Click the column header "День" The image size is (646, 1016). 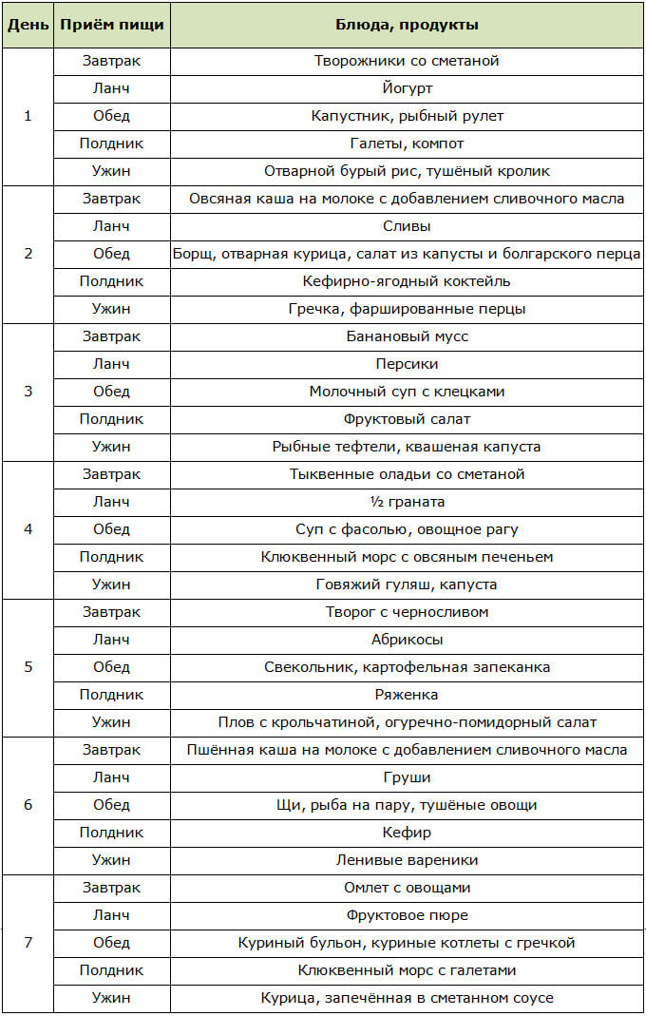(x=27, y=25)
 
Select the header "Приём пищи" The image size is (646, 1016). (x=111, y=25)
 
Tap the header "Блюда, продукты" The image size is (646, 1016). (x=407, y=25)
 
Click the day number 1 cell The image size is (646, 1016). (x=27, y=116)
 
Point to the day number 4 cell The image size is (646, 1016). (x=27, y=529)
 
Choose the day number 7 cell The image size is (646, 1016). (x=27, y=943)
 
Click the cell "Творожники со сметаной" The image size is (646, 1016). (x=407, y=61)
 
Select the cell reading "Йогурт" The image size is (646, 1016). (x=407, y=88)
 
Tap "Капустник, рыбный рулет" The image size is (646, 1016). (x=407, y=116)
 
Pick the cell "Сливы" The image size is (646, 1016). (x=407, y=226)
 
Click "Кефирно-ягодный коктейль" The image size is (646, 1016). (x=407, y=281)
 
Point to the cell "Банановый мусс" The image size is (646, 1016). (x=407, y=336)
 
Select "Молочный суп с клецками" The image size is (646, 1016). (x=407, y=392)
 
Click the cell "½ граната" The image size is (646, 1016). (x=407, y=502)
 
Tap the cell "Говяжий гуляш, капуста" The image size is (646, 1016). (x=407, y=585)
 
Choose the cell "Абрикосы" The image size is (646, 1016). (x=407, y=640)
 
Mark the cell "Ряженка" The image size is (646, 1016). (x=407, y=695)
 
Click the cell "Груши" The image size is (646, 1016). (x=407, y=777)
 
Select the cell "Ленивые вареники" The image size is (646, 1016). (x=407, y=860)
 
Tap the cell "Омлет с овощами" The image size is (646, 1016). (x=407, y=888)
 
